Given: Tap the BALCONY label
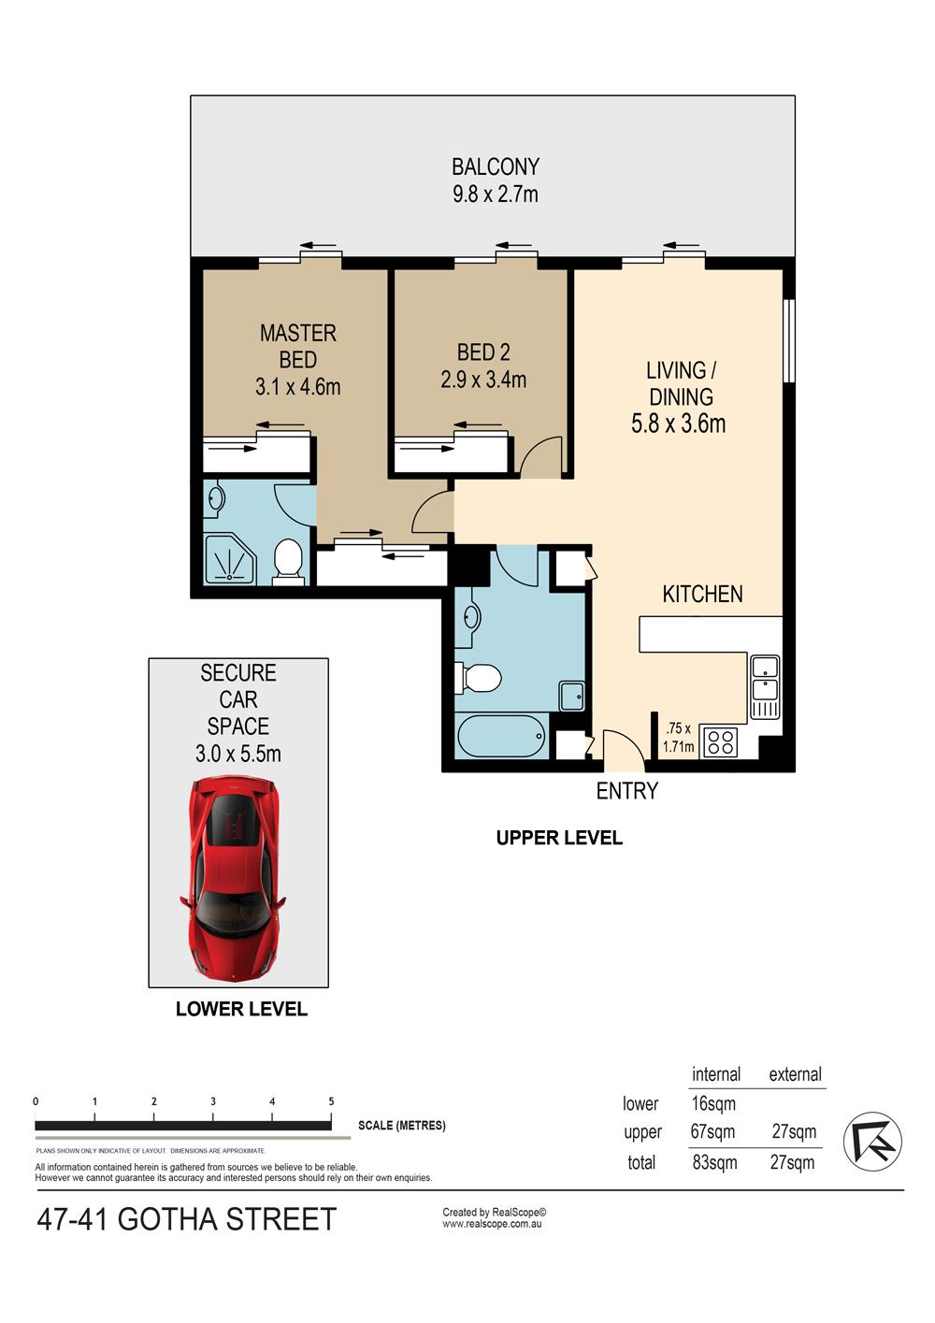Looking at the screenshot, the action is (495, 167).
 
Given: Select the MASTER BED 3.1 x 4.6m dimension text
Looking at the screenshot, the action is (297, 387).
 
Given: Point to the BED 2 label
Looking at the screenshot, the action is (483, 352).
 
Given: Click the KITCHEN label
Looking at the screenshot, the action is (702, 594).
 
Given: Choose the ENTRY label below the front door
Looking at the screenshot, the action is (626, 791).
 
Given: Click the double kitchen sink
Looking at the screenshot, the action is (765, 686).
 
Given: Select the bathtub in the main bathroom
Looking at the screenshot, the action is (501, 736).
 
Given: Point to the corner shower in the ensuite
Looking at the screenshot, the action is (230, 559).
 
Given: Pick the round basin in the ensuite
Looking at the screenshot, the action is (216, 499).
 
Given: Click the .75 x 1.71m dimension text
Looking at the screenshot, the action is (678, 737).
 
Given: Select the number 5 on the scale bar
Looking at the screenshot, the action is (331, 1101).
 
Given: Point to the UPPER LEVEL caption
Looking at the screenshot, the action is (559, 838).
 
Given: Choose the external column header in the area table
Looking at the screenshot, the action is (795, 1074).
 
